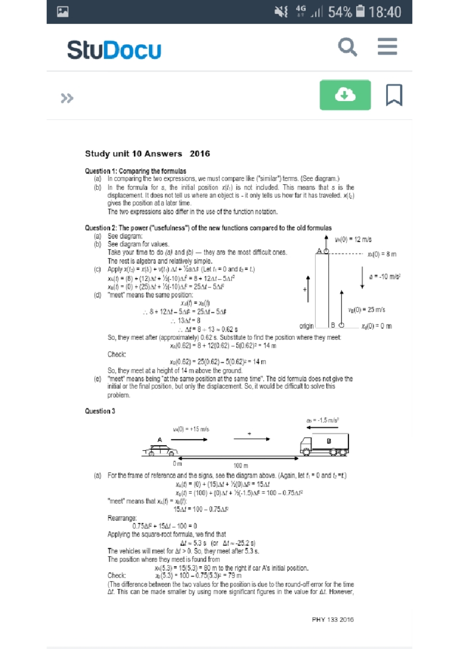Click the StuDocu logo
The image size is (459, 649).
114,50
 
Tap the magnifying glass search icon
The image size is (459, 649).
347,47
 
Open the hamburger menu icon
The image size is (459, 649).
387,47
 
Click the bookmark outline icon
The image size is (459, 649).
394,95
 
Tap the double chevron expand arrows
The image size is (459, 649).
67,98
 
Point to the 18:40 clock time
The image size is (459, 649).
385,12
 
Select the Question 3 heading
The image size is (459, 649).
100,411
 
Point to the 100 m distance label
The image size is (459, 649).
241,466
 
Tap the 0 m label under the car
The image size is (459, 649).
177,464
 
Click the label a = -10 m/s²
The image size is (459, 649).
384,277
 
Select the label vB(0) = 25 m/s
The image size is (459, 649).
366,310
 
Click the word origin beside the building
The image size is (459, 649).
306,326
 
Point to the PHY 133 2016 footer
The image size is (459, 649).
332,620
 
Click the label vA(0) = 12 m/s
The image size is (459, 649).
353,240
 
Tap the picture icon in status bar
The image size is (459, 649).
63,12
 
